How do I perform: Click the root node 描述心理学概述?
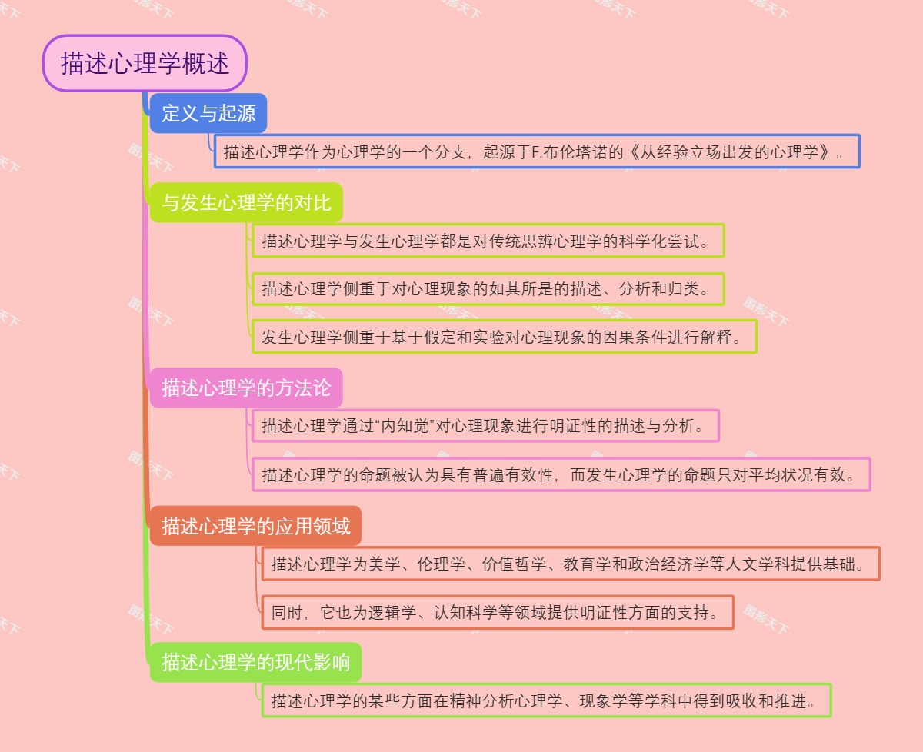145,63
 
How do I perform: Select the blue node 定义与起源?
208,114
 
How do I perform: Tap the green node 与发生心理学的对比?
246,203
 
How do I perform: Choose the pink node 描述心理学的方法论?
246,388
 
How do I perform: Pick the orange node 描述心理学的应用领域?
255,526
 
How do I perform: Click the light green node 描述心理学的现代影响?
255,662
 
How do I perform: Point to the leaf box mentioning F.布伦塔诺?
537,151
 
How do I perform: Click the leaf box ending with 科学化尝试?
488,241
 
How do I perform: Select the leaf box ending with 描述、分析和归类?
488,289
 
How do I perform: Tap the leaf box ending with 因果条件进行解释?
505,336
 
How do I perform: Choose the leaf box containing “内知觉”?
485,425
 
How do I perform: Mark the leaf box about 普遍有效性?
561,474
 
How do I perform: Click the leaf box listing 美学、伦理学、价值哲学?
571,564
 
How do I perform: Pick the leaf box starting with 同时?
498,612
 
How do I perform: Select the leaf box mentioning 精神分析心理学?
546,700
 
